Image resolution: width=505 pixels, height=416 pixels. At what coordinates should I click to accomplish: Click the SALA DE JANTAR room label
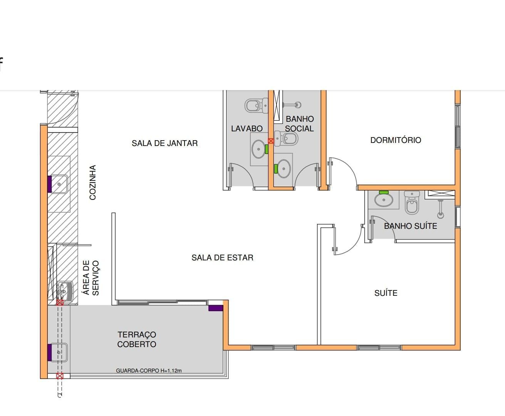164,143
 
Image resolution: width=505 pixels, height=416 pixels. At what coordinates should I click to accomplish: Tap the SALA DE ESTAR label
222,258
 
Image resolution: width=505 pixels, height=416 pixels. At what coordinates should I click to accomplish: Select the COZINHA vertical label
93,183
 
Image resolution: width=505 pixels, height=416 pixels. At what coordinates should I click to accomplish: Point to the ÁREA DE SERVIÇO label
91,278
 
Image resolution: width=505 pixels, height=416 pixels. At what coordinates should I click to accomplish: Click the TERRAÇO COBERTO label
137,339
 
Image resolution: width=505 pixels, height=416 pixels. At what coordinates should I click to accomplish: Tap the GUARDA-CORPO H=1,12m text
149,371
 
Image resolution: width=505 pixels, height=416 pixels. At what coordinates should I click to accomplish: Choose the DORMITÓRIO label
396,140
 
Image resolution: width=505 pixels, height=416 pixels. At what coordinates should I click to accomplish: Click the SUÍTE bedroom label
386,293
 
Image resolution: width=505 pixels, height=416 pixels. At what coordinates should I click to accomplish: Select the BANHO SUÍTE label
411,226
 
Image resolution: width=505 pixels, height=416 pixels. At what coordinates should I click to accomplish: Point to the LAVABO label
247,129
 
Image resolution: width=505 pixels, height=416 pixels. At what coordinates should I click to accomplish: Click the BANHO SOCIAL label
299,124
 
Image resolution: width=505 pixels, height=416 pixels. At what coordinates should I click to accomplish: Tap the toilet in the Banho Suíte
412,203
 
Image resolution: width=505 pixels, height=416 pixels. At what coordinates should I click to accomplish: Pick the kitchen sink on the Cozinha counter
59,184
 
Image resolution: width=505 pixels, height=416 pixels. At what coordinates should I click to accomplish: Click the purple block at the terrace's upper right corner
216,308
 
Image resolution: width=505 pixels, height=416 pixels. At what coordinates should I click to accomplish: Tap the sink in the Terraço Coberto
59,352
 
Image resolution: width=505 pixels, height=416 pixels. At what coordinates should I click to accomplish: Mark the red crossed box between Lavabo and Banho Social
271,141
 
